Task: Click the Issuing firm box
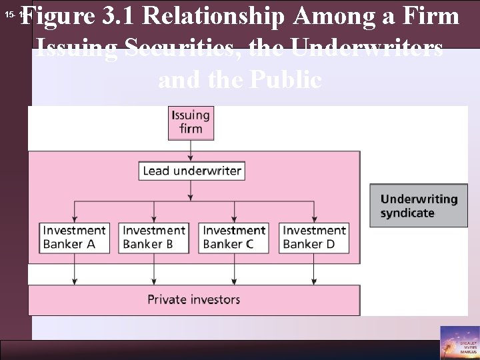[191, 122]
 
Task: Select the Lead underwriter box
[191, 171]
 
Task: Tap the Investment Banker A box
[74, 237]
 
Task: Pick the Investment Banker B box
[154, 237]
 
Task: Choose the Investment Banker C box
[234, 237]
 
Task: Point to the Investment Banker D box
[314, 237]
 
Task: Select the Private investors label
[194, 299]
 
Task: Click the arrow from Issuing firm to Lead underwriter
[191, 149]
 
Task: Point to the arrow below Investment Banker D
[314, 269]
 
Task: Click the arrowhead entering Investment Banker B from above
[154, 216]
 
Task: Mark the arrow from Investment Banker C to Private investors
[234, 269]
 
